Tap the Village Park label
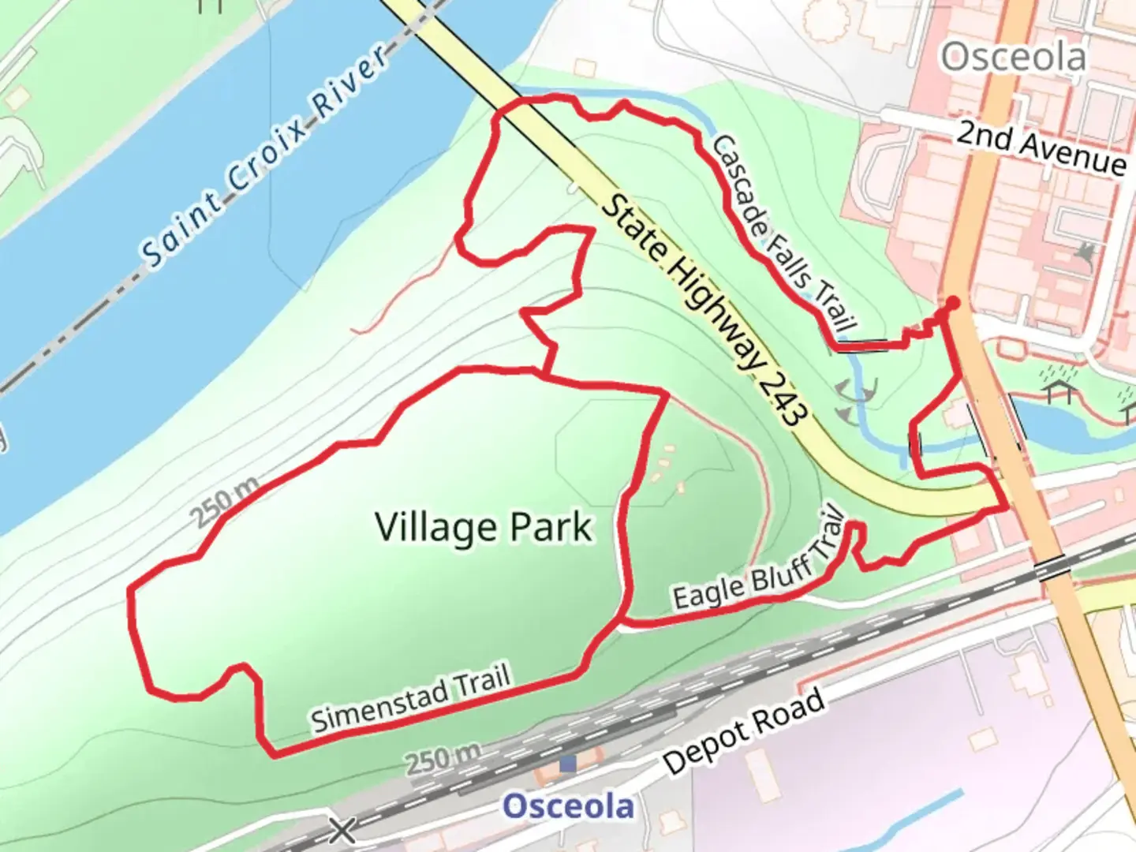[483, 527]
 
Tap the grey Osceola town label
[1013, 57]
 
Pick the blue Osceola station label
[568, 806]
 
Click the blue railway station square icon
[567, 764]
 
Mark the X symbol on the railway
[342, 830]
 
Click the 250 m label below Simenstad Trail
[443, 759]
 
